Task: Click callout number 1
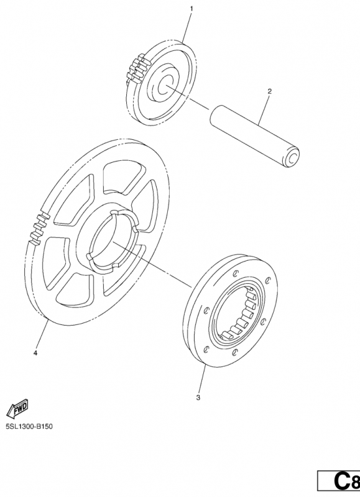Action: [192, 9]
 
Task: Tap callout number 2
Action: [270, 91]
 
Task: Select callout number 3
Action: [198, 398]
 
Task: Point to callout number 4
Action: [35, 353]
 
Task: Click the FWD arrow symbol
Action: [17, 408]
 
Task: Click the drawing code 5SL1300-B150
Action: [29, 426]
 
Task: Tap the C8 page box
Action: [339, 480]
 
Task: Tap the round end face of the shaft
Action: [292, 157]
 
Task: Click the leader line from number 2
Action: [264, 110]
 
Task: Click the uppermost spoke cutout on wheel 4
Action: [121, 176]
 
